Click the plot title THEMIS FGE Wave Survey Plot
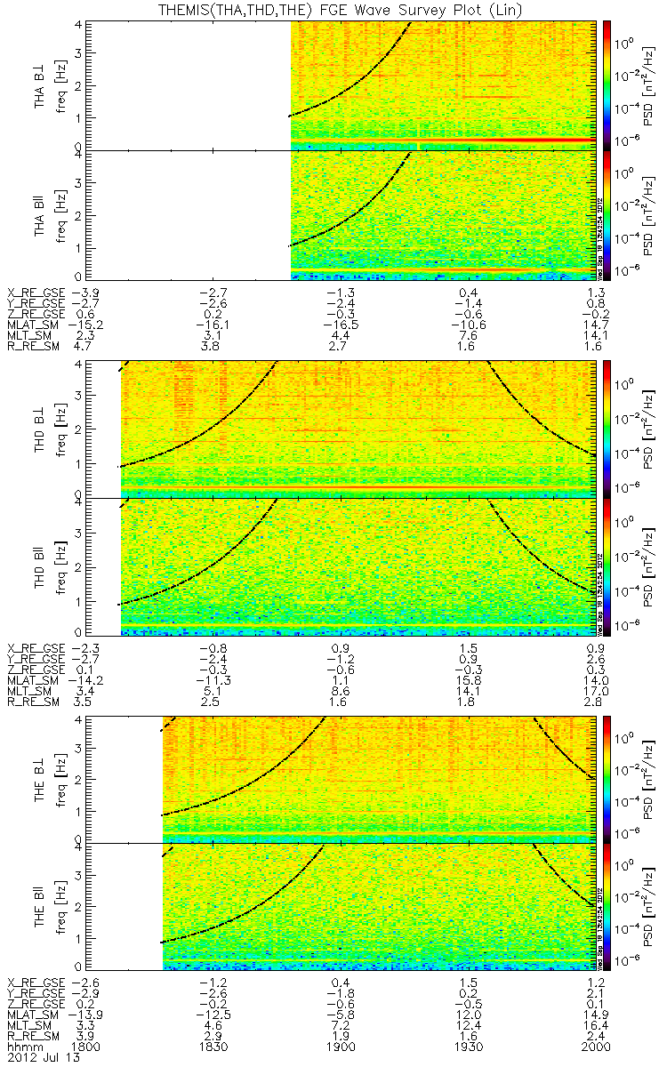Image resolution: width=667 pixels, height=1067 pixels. (x=333, y=10)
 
